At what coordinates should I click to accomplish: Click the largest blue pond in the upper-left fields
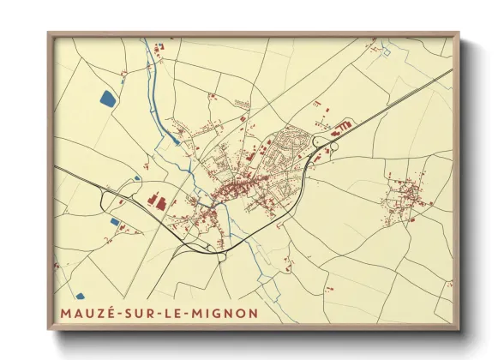107,99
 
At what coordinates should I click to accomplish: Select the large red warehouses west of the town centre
159,201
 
